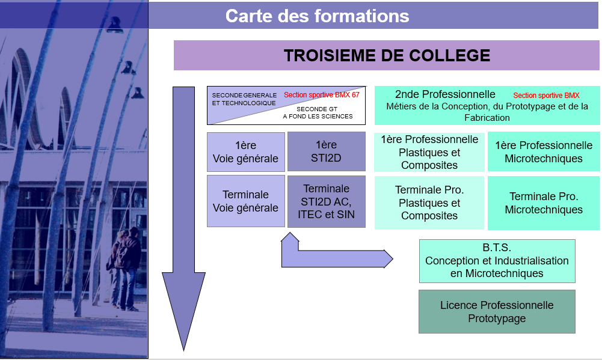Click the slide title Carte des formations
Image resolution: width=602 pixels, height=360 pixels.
click(317, 16)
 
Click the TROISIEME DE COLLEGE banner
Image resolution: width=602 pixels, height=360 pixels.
click(386, 55)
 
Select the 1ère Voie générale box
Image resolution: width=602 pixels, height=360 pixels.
click(246, 152)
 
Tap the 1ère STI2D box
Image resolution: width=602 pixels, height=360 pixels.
click(327, 151)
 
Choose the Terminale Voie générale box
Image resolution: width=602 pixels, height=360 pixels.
click(246, 201)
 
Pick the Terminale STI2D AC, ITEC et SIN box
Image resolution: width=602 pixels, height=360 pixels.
click(327, 201)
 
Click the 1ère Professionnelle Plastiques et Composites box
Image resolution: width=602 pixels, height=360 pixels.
click(429, 152)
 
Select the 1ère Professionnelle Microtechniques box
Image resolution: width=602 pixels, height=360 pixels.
click(544, 151)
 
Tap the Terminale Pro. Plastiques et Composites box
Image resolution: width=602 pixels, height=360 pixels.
click(429, 203)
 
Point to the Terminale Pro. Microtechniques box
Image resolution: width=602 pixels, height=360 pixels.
click(544, 203)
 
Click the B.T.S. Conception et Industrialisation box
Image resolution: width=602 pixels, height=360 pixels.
click(497, 261)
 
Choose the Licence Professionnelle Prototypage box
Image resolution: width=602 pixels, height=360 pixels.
click(497, 312)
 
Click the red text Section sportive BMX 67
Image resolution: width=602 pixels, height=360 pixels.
click(322, 95)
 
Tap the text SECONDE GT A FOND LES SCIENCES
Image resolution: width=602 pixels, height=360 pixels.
click(318, 112)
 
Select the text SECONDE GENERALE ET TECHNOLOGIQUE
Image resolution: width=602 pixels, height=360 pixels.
click(244, 99)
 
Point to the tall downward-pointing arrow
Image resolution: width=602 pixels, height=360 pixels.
click(183, 219)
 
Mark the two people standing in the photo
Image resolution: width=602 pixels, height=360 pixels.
click(124, 269)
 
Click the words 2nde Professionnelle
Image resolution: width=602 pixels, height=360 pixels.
click(445, 94)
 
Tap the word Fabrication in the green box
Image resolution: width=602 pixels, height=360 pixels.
click(487, 117)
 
